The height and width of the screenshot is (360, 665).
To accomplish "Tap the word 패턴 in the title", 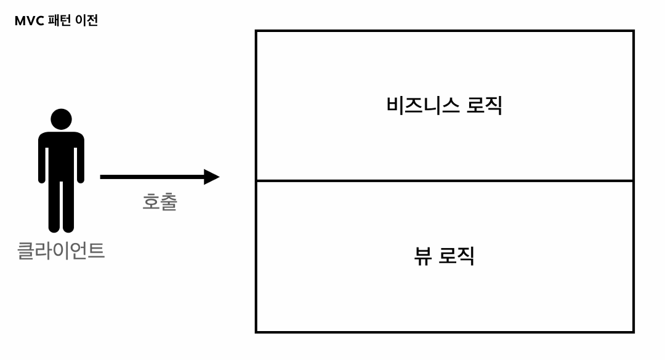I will click(x=60, y=21).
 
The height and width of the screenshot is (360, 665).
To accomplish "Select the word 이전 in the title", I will click(x=86, y=21).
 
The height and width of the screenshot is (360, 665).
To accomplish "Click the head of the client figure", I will click(x=61, y=119).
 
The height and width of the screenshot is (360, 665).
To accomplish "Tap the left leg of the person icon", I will click(x=54, y=206).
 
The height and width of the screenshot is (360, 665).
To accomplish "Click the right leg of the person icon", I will click(x=68, y=206).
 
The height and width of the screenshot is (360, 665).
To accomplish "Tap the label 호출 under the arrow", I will click(x=159, y=202).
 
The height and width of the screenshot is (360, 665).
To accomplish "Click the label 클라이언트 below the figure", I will click(x=61, y=250).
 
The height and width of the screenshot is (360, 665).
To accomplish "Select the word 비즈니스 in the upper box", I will click(x=422, y=105).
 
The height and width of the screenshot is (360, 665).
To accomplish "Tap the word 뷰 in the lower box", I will click(x=422, y=255).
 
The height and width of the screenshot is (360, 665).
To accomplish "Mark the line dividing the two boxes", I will click(x=445, y=181).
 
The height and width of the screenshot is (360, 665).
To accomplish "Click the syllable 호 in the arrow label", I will click(x=151, y=202).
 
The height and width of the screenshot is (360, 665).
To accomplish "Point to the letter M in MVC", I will click(x=20, y=21).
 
